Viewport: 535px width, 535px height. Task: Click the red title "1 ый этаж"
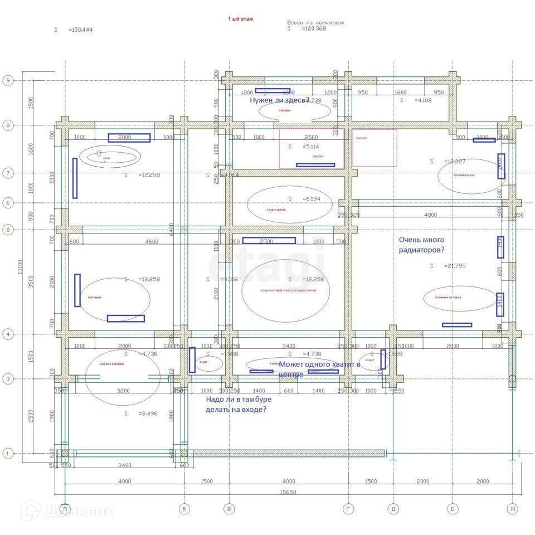tap(241, 18)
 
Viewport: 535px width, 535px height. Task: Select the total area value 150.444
tap(80, 30)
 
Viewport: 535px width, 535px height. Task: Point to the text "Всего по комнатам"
tap(315, 23)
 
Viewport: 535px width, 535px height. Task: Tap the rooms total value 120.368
tap(314, 29)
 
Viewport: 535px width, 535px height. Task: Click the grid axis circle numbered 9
tap(8, 80)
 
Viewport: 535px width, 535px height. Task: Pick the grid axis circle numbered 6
tap(8, 203)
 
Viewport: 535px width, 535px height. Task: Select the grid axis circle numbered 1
tap(8, 454)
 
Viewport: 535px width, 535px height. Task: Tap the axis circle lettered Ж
tap(512, 508)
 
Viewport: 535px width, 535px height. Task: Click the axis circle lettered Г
tap(349, 508)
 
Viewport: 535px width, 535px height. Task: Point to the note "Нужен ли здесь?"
tap(279, 100)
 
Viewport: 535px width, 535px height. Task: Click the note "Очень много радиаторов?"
tap(421, 245)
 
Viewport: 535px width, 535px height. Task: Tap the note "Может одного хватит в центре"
tap(319, 369)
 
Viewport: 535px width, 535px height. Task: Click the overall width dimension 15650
tap(288, 492)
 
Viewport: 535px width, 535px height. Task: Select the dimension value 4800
tap(430, 215)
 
